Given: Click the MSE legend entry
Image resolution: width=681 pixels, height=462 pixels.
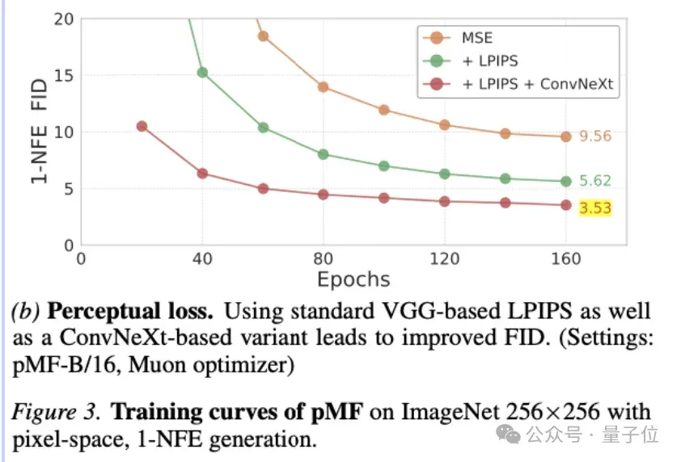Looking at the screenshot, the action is click(458, 38).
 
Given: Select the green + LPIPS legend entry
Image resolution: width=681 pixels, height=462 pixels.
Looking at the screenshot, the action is click(471, 61).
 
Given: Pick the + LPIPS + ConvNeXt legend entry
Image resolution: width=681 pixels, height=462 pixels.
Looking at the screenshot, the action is click(518, 84).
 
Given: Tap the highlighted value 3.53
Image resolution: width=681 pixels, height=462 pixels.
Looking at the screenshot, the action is click(595, 208).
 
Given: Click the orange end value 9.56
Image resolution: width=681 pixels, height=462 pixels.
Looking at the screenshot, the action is click(595, 136).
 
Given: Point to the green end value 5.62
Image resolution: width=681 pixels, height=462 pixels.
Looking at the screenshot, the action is click(595, 180).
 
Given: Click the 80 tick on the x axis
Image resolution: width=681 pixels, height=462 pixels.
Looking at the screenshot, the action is click(324, 259).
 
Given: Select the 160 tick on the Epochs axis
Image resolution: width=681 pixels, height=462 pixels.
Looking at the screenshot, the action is click(566, 259).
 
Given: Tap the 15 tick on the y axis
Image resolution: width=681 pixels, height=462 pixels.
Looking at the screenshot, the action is click(64, 76).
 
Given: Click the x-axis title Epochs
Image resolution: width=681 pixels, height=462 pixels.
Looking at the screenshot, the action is click(353, 279).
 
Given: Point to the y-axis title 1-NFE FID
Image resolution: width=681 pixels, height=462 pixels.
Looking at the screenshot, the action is click(39, 131).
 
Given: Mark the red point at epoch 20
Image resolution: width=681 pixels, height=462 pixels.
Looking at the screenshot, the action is click(142, 126).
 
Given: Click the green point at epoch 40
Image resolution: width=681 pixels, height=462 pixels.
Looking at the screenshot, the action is click(202, 73).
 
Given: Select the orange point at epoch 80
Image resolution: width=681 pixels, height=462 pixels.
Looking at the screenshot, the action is click(324, 87).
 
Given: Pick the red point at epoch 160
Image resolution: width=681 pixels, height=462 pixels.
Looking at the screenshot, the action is click(566, 205).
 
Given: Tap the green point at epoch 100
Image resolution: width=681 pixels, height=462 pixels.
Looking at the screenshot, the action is click(384, 166).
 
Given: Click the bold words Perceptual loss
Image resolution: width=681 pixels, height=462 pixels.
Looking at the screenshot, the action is click(130, 312).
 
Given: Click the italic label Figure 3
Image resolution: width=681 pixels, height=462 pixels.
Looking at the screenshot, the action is click(56, 412).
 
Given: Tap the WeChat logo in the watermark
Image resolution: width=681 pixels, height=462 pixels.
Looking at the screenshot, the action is click(508, 435).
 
